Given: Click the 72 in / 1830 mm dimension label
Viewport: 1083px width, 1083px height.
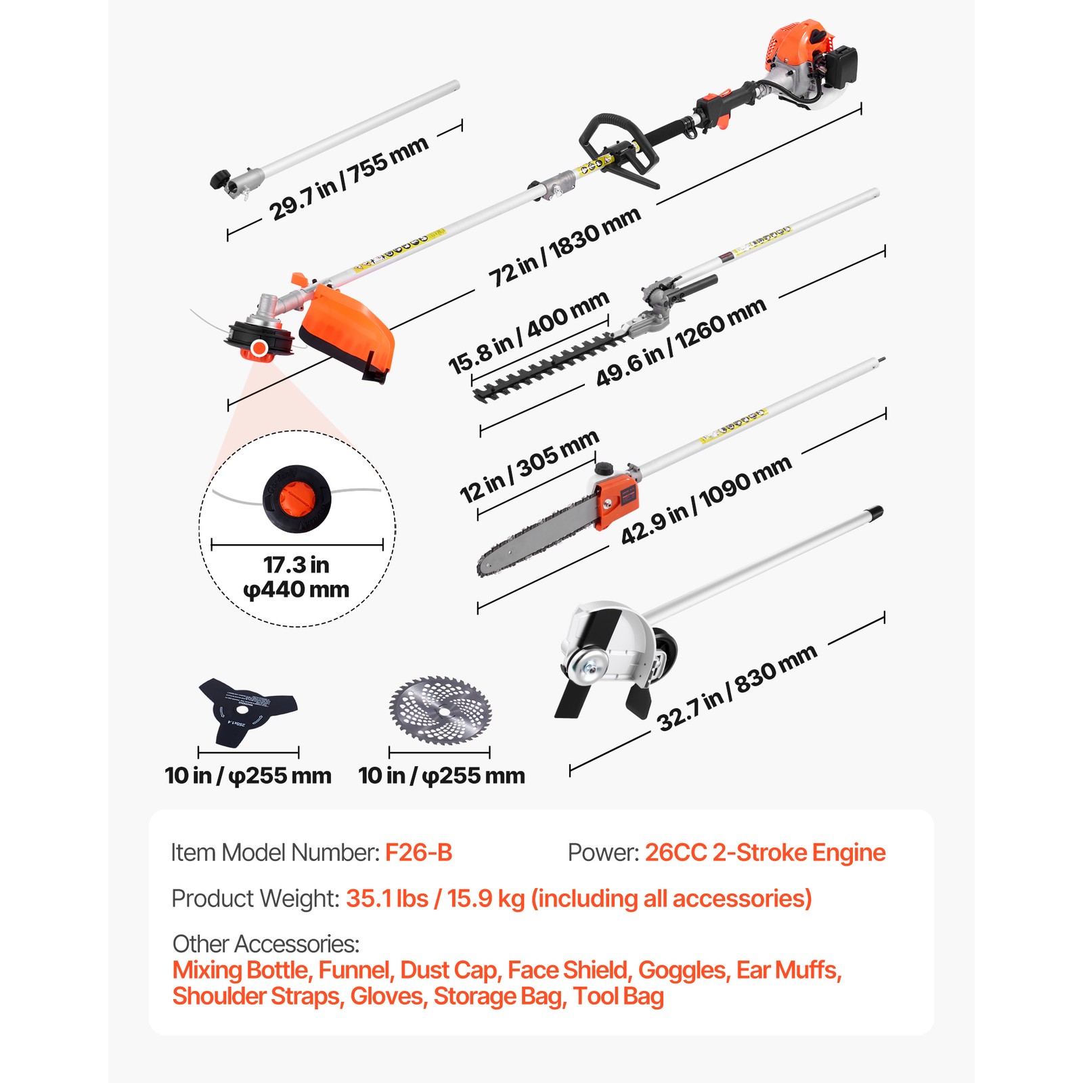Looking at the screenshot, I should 565,246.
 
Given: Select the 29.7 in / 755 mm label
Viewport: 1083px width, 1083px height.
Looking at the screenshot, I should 349,179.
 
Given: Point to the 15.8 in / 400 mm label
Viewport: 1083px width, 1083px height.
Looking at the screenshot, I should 529,332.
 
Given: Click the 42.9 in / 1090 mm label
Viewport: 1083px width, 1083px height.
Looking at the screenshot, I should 706,500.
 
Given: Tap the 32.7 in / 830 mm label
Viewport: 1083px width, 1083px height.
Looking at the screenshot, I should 737,688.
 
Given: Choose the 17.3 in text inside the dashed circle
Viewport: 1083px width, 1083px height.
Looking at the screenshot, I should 296,565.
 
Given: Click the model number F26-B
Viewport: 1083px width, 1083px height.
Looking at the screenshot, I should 418,853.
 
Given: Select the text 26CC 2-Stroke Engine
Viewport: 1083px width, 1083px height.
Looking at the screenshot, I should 765,853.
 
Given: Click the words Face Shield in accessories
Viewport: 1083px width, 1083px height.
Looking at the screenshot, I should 567,970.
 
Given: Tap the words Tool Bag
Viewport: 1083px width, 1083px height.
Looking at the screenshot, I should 618,996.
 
